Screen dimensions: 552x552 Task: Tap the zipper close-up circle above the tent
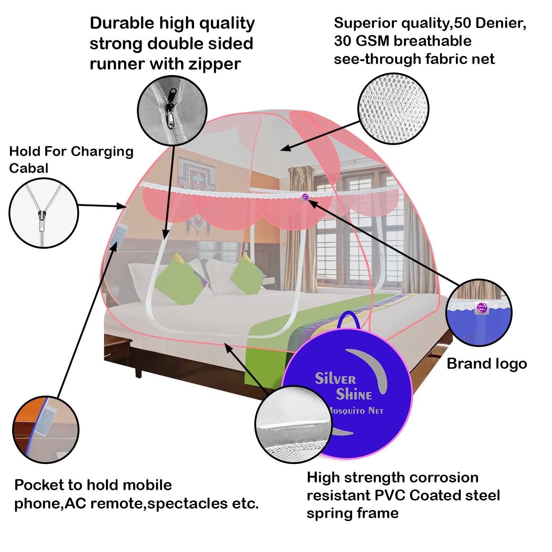click(x=172, y=110)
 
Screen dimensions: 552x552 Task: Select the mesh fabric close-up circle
click(x=393, y=109)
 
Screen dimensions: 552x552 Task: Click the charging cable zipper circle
click(x=44, y=213)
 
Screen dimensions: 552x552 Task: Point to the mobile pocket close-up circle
click(x=46, y=429)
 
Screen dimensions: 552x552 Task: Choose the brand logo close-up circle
click(x=479, y=312)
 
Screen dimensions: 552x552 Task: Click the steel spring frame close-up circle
click(x=294, y=424)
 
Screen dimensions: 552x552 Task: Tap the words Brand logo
click(x=487, y=364)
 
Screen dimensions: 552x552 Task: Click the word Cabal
click(x=29, y=168)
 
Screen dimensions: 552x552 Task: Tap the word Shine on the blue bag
click(x=354, y=394)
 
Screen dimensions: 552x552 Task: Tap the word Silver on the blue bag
click(x=335, y=378)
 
